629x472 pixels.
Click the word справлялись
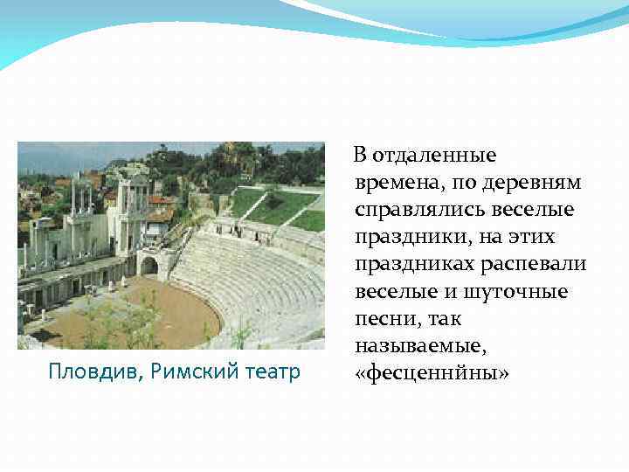tap(424, 210)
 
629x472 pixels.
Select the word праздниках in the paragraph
tap(418, 264)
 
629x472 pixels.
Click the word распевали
tap(536, 264)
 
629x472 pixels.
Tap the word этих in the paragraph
tap(529, 237)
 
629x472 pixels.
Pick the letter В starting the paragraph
tap(359, 156)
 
